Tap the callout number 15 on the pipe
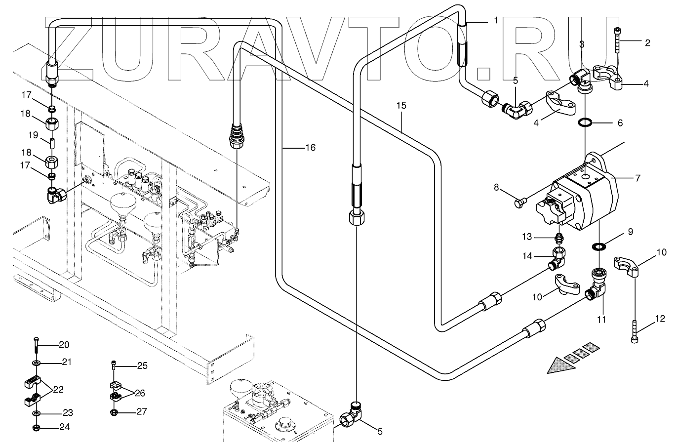coord(401,105)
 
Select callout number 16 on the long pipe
coord(310,147)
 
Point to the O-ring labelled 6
coord(585,123)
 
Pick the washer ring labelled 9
coord(598,246)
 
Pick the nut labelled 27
coord(114,412)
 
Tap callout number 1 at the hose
coord(495,21)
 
